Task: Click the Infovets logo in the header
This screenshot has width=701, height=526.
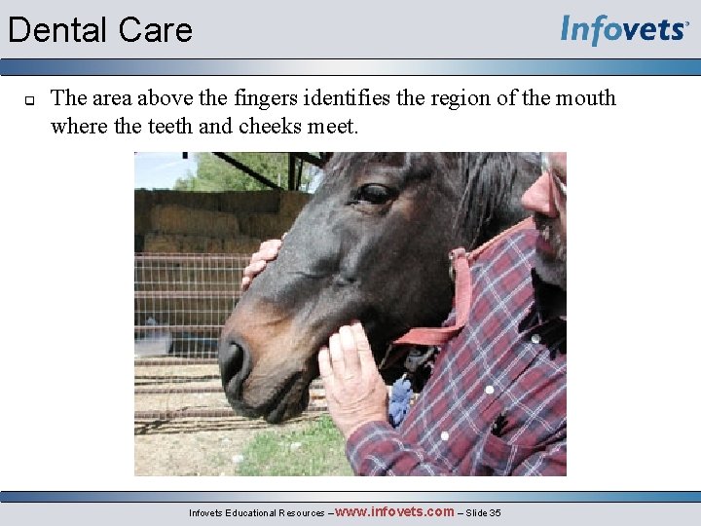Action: (624, 30)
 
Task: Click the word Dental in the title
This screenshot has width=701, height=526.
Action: (55, 30)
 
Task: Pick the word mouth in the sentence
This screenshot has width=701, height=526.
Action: (587, 98)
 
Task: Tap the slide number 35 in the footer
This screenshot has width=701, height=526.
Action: (495, 512)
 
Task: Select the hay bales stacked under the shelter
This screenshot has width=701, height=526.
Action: (195, 220)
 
